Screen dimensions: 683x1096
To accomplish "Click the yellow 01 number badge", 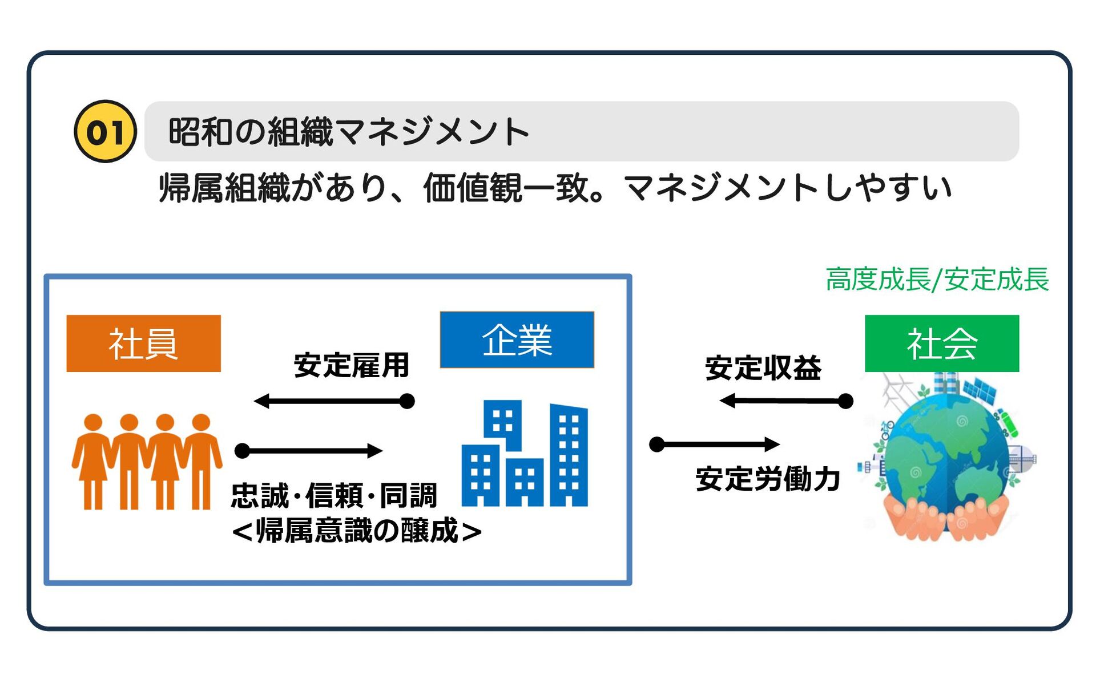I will (106, 131).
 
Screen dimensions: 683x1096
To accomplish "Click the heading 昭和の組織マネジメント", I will (349, 132).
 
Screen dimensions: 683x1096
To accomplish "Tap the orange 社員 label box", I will (143, 343).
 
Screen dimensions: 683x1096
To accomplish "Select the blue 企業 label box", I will (517, 340).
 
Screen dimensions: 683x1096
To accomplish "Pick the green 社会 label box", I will (941, 343).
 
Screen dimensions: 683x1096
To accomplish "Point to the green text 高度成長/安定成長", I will (937, 280).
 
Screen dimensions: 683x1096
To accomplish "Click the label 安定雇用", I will (352, 366).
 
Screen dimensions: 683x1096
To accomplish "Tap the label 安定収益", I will (763, 368).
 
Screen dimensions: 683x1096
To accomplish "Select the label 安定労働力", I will (768, 479).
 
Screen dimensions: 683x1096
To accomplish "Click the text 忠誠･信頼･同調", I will (334, 495).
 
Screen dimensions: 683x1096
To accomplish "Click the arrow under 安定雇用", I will (334, 401).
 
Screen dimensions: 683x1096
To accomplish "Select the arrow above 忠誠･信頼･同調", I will (309, 451).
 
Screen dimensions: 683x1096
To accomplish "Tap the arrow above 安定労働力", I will (715, 444).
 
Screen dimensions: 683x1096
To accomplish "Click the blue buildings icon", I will (524, 454).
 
